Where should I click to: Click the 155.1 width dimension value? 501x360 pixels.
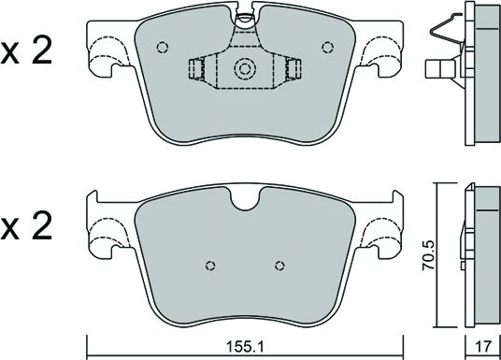[x=245, y=346]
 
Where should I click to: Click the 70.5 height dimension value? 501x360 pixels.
[x=428, y=255]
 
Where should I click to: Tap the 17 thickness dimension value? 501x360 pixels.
[x=483, y=346]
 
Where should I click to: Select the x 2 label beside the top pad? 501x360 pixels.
[x=26, y=51]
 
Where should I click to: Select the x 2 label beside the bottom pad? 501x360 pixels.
[x=26, y=225]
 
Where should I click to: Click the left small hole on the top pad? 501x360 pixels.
[x=163, y=48]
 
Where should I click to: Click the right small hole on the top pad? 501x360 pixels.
[x=327, y=48]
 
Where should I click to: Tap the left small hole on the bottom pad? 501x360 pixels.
[x=210, y=266]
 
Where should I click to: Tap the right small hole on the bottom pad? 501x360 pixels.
[x=279, y=266]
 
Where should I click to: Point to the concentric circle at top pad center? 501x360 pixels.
[x=245, y=69]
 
